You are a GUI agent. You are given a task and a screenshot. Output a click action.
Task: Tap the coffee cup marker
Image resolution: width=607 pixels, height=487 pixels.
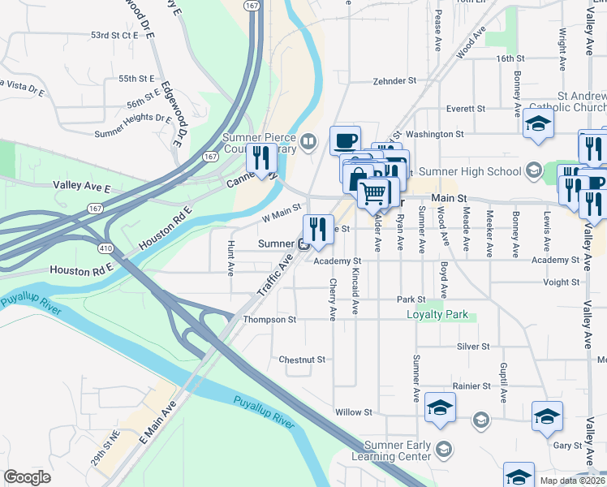click(345, 140)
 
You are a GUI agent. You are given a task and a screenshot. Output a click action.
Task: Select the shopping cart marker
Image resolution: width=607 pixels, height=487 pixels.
click(373, 193)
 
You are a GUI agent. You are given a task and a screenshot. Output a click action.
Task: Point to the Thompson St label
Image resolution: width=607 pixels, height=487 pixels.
click(270, 320)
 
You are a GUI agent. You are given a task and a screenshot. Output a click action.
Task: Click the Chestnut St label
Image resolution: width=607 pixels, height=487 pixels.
click(301, 359)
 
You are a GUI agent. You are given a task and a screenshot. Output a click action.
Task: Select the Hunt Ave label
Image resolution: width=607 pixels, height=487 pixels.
click(231, 255)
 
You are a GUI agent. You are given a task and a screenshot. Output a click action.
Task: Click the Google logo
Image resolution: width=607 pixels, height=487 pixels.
click(27, 477)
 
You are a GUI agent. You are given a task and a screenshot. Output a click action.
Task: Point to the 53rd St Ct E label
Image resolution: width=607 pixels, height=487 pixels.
click(116, 36)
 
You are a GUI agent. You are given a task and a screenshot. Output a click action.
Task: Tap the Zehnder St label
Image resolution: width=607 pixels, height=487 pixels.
click(394, 81)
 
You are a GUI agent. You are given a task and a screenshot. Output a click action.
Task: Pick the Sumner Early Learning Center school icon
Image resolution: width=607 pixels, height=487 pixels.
click(444, 448)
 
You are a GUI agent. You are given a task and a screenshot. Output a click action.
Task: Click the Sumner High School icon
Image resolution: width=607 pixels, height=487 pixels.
click(533, 170)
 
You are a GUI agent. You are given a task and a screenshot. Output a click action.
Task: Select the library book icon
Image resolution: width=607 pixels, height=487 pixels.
click(308, 144)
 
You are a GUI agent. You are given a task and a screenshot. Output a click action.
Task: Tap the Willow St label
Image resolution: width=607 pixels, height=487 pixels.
click(353, 412)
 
